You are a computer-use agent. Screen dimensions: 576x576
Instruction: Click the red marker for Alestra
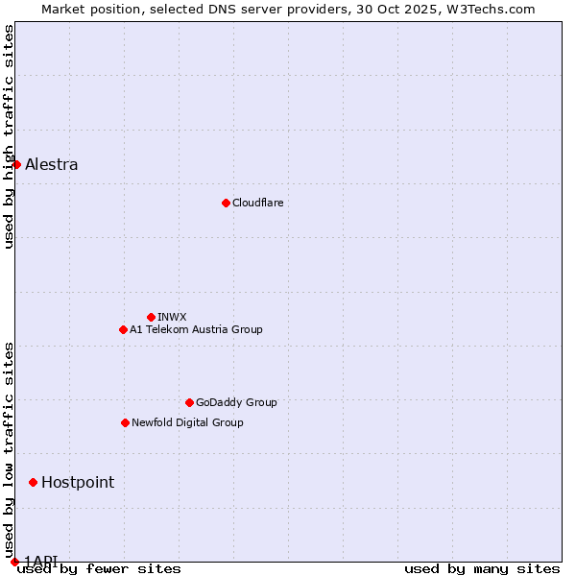[16, 164]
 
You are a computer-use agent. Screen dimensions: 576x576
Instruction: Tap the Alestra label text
[52, 164]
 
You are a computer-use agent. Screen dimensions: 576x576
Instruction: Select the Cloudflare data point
[226, 203]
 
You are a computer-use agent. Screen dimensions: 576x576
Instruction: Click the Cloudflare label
[257, 203]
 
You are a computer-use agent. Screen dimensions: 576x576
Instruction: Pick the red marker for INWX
[151, 317]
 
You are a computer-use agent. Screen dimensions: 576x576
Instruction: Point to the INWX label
[172, 317]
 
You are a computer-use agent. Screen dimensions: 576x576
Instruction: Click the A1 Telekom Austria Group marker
[123, 329]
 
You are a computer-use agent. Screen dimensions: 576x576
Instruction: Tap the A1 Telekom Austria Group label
[196, 329]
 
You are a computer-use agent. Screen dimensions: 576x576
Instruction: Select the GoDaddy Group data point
[189, 402]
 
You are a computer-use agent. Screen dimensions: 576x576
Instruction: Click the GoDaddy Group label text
[236, 402]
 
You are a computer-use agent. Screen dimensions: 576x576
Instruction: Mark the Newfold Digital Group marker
[125, 422]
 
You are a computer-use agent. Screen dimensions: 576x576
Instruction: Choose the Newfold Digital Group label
[187, 422]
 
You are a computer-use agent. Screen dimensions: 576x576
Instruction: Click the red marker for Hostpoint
[33, 482]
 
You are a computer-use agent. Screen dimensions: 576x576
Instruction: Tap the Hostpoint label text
[78, 482]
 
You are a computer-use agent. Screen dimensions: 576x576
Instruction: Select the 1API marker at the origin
[14, 562]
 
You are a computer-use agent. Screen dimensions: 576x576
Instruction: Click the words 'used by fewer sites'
[99, 569]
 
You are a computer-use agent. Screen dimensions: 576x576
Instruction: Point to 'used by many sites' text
[482, 569]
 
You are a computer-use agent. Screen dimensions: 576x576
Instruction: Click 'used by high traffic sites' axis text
[9, 136]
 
